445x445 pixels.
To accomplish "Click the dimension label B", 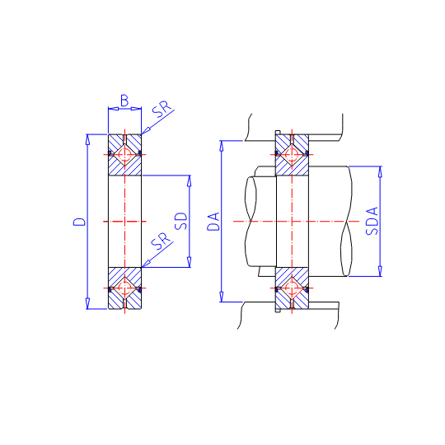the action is click(x=124, y=101).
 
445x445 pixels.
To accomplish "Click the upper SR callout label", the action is click(x=162, y=109).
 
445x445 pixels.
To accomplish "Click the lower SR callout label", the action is click(x=162, y=241).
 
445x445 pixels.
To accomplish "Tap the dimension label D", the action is click(x=79, y=222).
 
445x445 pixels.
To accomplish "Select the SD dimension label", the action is click(x=181, y=221).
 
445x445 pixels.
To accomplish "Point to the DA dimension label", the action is click(x=213, y=222).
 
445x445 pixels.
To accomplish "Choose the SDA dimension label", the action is click(x=372, y=221).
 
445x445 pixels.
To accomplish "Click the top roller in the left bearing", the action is click(x=124, y=155).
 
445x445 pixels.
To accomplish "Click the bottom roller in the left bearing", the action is click(x=124, y=288).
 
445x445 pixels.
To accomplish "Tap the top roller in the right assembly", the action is click(x=292, y=155).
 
